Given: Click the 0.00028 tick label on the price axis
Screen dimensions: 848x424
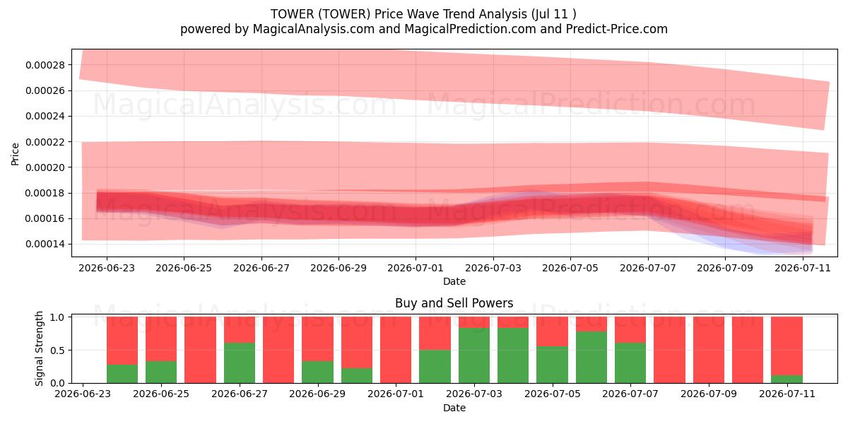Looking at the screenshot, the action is pyautogui.click(x=45, y=65).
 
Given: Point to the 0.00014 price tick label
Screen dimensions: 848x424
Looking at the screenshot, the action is pyautogui.click(x=45, y=245).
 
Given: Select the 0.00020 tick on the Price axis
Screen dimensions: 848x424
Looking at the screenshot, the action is pyautogui.click(x=45, y=167).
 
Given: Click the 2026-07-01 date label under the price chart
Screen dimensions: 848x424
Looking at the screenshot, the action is pyautogui.click(x=416, y=268).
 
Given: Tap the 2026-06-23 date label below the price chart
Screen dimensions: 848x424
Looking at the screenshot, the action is pyautogui.click(x=107, y=268).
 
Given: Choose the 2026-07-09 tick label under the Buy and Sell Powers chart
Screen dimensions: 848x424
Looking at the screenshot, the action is pyautogui.click(x=709, y=394).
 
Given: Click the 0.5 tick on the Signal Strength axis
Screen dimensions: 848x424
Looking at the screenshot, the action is pyautogui.click(x=58, y=351).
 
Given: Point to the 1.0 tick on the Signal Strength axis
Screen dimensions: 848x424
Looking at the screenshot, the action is pyautogui.click(x=58, y=317).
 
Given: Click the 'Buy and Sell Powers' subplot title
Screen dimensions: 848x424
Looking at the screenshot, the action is pyautogui.click(x=454, y=303).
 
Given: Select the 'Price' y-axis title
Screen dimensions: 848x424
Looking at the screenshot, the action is pyautogui.click(x=15, y=154).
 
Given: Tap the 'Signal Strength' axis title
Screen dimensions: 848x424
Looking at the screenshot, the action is pyautogui.click(x=39, y=348).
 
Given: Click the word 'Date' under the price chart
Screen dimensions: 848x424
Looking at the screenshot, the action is pyautogui.click(x=454, y=281).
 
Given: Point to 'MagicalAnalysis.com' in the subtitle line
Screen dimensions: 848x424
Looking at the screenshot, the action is pyautogui.click(x=314, y=29).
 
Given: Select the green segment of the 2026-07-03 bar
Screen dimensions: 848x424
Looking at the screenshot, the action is pyautogui.click(x=474, y=355).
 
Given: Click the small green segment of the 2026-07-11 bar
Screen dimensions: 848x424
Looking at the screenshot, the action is pyautogui.click(x=787, y=379).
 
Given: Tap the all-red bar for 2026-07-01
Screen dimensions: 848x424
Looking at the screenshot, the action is pyautogui.click(x=396, y=351).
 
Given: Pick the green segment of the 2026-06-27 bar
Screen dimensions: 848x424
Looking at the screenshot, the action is pyautogui.click(x=240, y=363).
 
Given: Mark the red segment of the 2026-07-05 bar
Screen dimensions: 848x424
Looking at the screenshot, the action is pyautogui.click(x=552, y=331).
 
